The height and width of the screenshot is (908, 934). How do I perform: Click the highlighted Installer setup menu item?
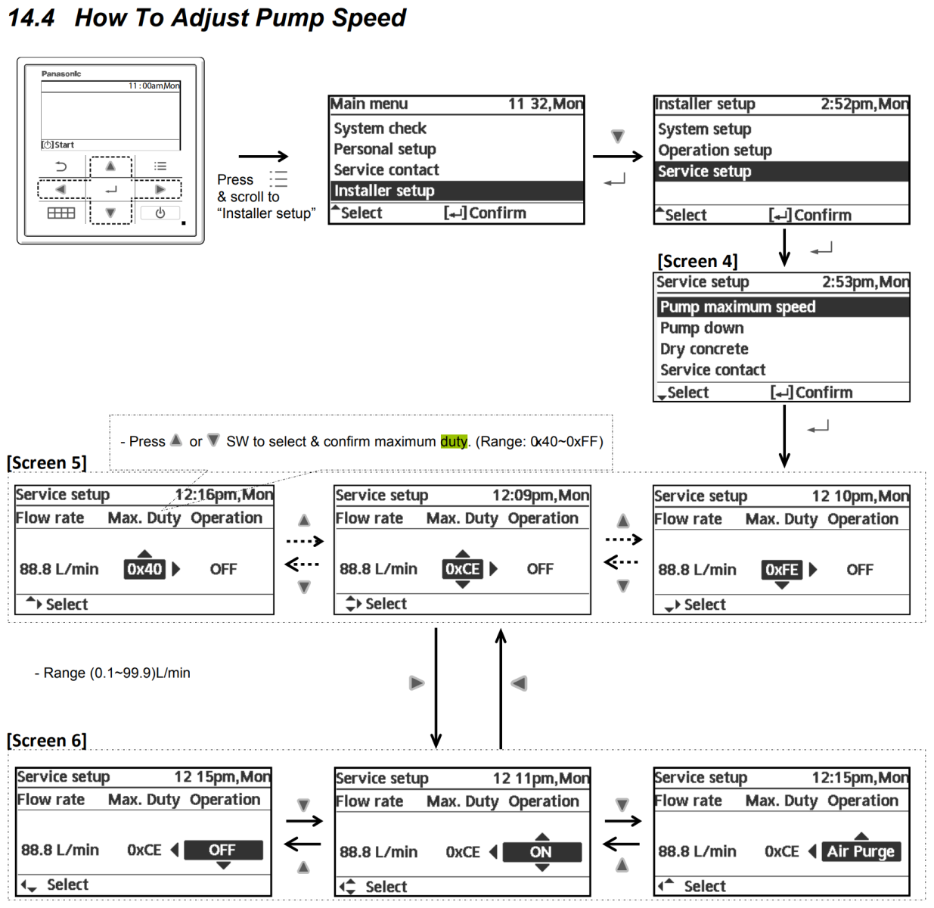click(384, 191)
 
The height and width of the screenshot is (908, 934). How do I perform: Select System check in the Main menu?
click(380, 129)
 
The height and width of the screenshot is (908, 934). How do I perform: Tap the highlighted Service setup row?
click(704, 172)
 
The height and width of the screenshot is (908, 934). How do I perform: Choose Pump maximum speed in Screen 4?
click(737, 307)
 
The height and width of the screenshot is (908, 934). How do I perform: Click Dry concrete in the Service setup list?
click(704, 350)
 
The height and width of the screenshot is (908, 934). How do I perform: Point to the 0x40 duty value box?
click(144, 569)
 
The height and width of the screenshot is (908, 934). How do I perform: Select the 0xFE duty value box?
click(781, 570)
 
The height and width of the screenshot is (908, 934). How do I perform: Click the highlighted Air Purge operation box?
click(861, 852)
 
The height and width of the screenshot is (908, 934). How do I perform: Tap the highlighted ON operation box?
click(541, 852)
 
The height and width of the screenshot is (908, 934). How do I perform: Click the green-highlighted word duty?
click(454, 442)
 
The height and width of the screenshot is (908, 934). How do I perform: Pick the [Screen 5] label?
click(47, 463)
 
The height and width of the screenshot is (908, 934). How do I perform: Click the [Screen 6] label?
click(47, 741)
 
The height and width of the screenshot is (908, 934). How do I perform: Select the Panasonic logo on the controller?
click(61, 74)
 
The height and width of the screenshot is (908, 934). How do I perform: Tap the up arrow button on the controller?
click(110, 166)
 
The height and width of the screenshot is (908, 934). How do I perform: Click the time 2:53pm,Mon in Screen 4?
click(865, 282)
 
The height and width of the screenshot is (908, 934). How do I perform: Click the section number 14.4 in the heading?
click(31, 18)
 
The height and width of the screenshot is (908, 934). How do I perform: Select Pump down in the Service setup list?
click(702, 328)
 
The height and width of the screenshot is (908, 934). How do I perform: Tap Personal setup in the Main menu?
click(385, 149)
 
